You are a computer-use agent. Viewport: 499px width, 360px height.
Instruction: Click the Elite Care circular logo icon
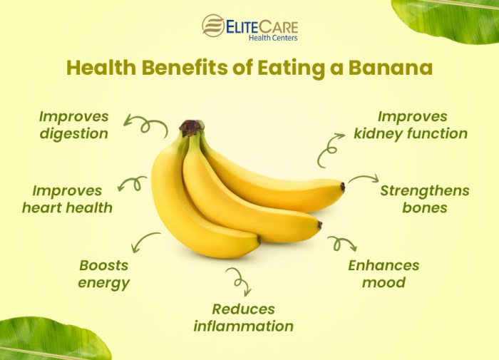pos(213,26)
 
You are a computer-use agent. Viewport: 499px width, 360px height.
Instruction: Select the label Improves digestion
pos(73,125)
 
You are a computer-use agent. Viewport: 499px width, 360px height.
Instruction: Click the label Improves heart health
pos(67,199)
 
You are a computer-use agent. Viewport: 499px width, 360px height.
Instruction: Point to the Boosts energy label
pos(104,274)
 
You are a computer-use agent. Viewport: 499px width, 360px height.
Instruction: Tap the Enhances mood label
pos(384,274)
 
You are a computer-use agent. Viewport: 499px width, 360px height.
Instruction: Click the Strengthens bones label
pos(424,199)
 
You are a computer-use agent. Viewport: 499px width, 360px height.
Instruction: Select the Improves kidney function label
pos(412,125)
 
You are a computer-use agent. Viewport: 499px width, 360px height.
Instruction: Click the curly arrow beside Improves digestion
pos(145,125)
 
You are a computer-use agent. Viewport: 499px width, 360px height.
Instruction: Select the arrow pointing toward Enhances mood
pos(341,244)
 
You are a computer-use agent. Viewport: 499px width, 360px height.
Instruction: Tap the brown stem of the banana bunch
pos(190,128)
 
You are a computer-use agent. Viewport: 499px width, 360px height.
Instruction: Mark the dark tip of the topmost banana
pos(343,187)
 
